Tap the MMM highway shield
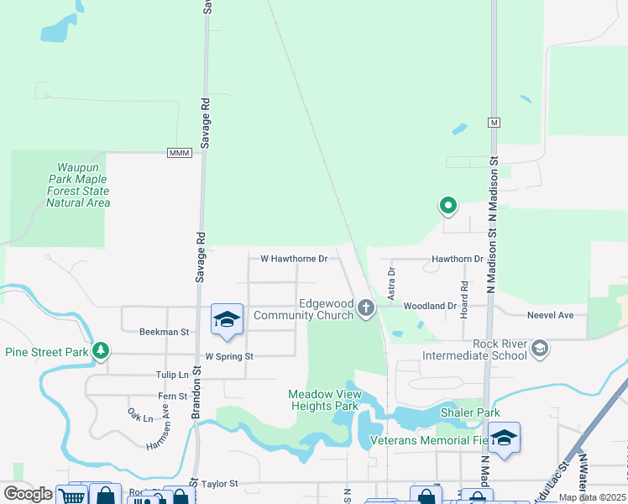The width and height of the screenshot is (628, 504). tap(180, 153)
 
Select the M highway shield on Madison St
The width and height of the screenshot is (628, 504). tap(495, 123)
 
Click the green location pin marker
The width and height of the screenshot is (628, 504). tap(448, 204)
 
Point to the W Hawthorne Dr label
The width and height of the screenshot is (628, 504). tap(294, 259)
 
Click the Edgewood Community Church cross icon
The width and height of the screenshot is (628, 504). tap(365, 308)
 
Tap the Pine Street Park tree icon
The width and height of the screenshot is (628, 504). tap(101, 350)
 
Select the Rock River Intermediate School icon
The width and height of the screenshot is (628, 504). tap(540, 349)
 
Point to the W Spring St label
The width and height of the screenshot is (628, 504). tap(229, 356)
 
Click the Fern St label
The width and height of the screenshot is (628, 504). tap(172, 396)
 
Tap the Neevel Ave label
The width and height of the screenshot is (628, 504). tap(550, 315)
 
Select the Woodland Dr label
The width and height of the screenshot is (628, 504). tap(429, 307)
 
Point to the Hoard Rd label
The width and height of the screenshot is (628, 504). tap(463, 309)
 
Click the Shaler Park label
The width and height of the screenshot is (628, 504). tap(470, 412)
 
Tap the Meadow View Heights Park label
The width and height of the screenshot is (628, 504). tap(323, 399)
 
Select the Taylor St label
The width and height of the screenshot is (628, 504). tap(221, 484)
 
